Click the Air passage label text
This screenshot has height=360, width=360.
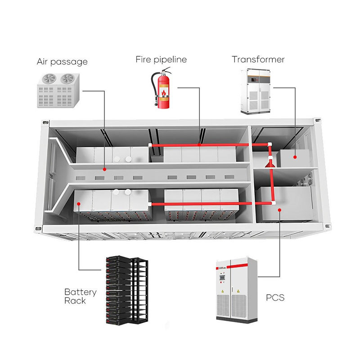62,62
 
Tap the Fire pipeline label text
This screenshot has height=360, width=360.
161,59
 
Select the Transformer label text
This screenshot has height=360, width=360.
258,59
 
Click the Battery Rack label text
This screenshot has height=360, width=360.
80,296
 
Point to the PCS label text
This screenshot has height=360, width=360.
275,297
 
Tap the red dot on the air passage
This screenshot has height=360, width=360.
104,170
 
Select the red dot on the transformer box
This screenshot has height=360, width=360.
295,157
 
